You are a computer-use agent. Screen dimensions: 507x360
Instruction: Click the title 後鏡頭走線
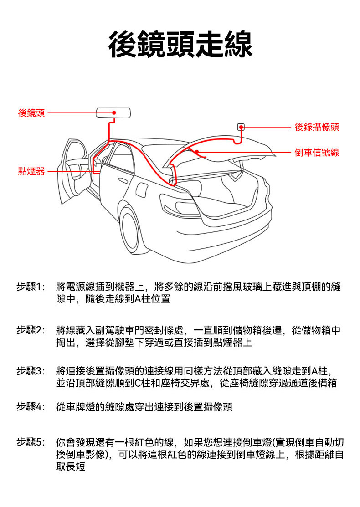[x=180, y=44]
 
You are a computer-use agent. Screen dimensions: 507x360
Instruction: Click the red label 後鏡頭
[x=31, y=113]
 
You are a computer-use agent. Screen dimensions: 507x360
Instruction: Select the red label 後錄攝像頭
[x=317, y=127]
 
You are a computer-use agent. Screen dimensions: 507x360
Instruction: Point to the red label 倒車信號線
[x=317, y=152]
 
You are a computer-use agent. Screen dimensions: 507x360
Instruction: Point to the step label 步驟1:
[x=31, y=287]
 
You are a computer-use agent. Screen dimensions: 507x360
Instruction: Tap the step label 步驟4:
[x=31, y=406]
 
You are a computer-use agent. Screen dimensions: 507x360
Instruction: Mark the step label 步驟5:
[x=31, y=442]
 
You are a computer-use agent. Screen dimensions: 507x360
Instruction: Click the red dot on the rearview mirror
[x=114, y=113]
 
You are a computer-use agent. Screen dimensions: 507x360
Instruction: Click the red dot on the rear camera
[x=241, y=127]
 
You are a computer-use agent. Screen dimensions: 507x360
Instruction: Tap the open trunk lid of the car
[x=219, y=148]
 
